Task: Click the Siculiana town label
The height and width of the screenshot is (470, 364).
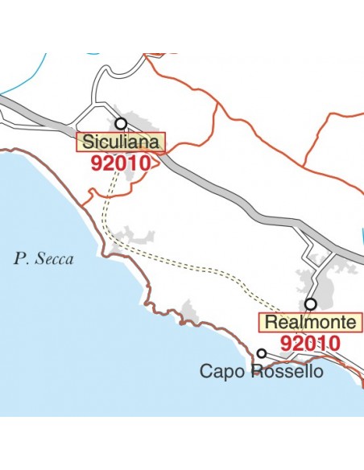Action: tap(121, 142)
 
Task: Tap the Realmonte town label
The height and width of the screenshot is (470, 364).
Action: tap(310, 323)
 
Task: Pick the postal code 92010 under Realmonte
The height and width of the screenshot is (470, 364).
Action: tap(310, 343)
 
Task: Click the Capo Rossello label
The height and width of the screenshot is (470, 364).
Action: tap(261, 371)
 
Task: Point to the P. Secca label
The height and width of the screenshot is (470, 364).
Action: tap(43, 259)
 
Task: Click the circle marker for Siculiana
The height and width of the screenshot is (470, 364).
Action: tap(122, 124)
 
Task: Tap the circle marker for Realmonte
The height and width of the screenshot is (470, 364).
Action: tap(310, 304)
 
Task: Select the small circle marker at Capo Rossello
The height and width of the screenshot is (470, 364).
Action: tap(262, 353)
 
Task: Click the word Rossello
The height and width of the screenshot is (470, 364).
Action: tap(286, 371)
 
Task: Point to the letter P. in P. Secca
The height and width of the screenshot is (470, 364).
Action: tap(20, 259)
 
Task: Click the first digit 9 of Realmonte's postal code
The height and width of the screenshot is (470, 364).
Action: tap(287, 343)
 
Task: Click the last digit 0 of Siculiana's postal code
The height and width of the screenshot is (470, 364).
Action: tap(145, 163)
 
